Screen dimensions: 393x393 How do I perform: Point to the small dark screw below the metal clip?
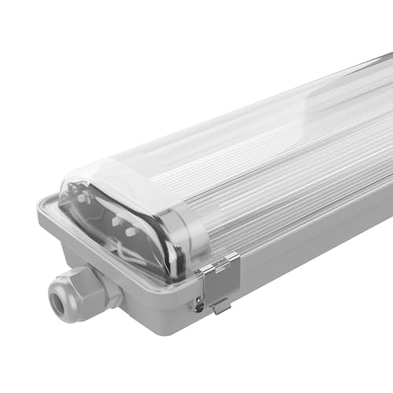[200, 306]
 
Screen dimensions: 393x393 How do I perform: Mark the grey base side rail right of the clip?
[314, 259]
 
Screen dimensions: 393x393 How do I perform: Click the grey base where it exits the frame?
[381, 228]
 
